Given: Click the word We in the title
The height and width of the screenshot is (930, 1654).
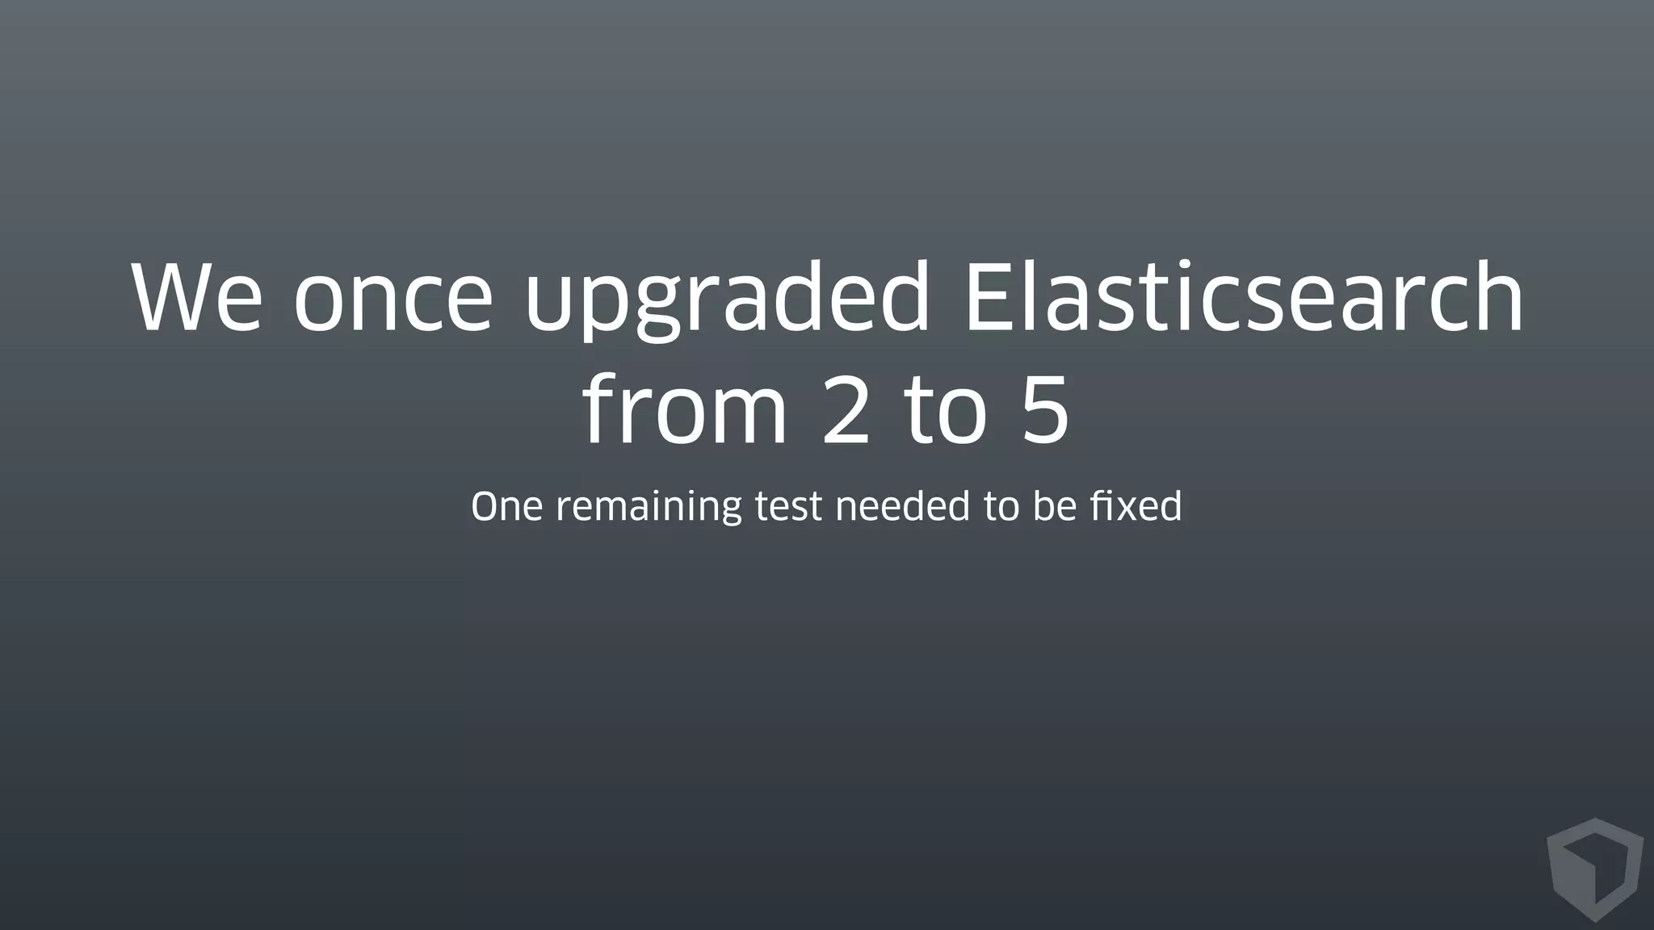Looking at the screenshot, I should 197,297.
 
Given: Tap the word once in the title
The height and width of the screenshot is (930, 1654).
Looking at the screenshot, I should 393,297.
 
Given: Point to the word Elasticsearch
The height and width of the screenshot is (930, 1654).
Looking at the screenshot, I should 1244,297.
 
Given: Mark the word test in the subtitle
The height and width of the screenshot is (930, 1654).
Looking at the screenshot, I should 788,507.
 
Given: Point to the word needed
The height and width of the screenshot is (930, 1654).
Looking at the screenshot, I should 902,507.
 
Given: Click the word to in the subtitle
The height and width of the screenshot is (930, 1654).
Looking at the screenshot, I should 1001,507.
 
